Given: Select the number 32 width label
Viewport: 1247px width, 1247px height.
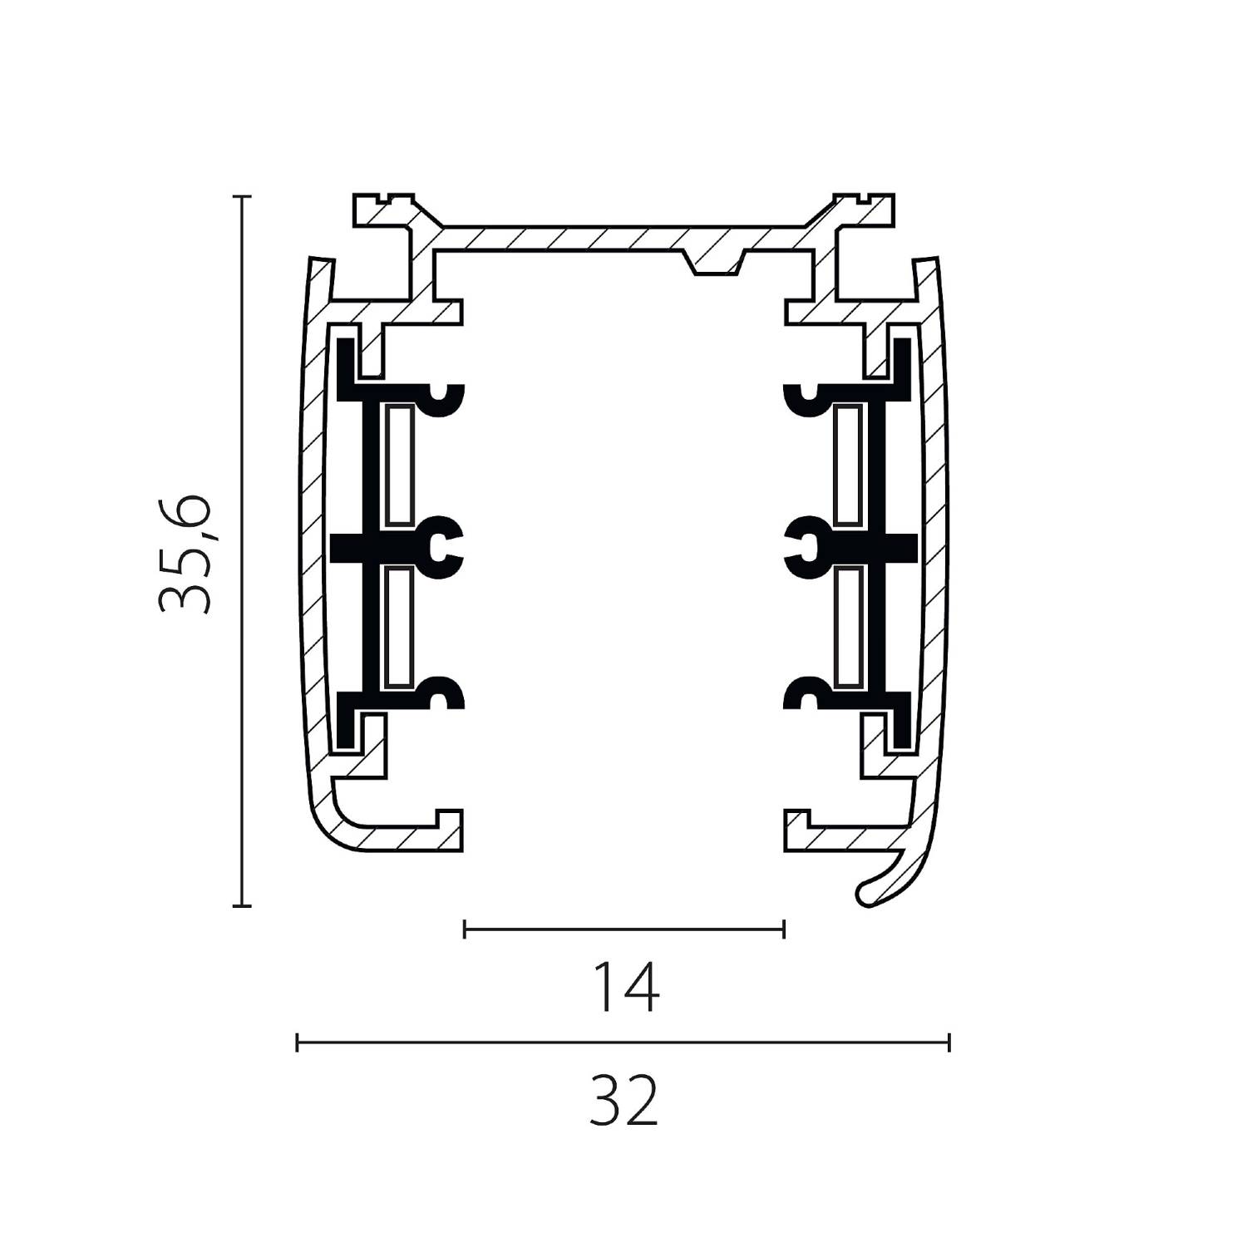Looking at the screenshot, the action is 623,1099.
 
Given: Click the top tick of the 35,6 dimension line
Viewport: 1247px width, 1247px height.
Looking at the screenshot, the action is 241,197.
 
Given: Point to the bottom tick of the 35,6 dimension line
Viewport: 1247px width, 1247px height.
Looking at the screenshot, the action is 241,905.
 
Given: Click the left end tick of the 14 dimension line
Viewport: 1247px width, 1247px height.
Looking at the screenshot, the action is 465,929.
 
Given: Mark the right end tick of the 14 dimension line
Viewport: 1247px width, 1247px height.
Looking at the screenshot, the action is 783,929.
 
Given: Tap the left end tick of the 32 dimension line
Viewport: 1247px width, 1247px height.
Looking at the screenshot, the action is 298,1042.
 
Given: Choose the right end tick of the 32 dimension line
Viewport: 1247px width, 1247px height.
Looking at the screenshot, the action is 949,1042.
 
